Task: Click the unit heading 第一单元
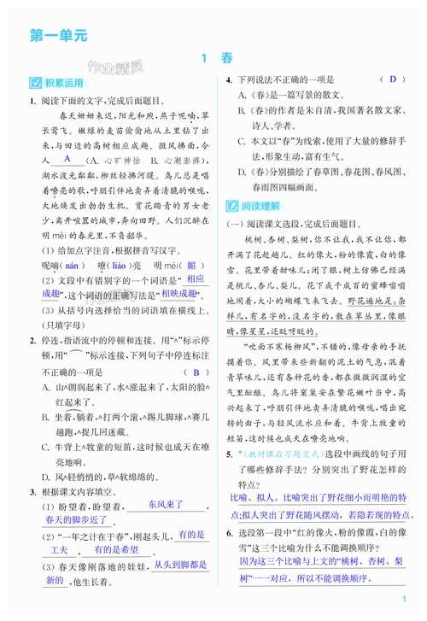tap(57, 36)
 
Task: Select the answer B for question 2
tap(195, 372)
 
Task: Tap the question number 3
tap(32, 491)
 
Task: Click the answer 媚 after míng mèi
tap(191, 266)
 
